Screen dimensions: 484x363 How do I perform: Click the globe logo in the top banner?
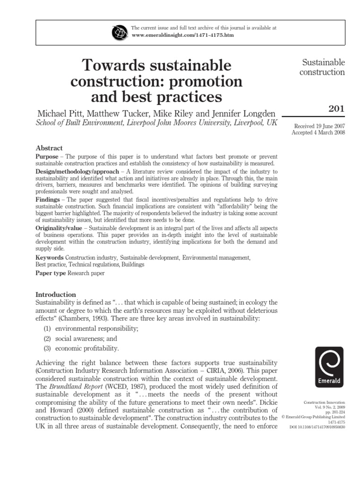(118, 32)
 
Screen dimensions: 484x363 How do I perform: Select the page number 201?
(337, 109)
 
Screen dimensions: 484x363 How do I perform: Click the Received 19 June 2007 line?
(320, 126)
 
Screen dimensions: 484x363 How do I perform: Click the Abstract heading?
(49, 148)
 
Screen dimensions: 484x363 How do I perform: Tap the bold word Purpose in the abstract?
(47, 156)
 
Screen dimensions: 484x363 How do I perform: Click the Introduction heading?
(56, 294)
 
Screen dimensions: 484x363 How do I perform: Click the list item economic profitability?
(86, 348)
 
